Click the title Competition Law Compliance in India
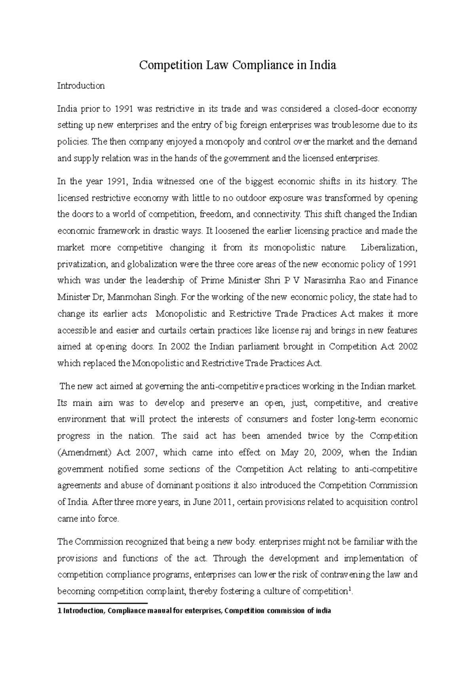[237, 65]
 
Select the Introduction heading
[81, 86]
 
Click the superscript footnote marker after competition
[348, 589]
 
